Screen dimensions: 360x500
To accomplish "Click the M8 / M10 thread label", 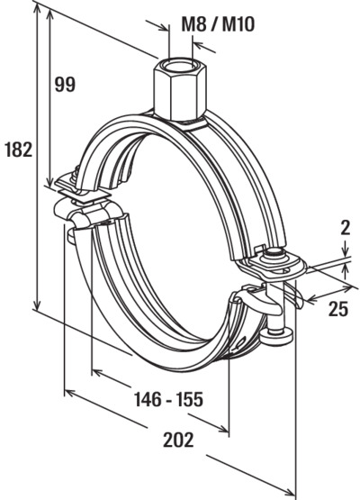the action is point(218,24).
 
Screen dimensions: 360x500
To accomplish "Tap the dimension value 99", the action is point(65,85).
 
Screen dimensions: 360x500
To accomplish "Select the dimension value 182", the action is point(19,150).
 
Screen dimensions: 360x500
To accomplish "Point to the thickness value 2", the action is point(345,228).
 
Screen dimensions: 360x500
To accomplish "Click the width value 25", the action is point(338,309).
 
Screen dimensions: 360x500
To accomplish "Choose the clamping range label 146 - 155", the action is point(168,399).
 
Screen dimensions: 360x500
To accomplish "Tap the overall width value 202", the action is point(178,440).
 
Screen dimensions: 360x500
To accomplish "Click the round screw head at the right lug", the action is point(274,254).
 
